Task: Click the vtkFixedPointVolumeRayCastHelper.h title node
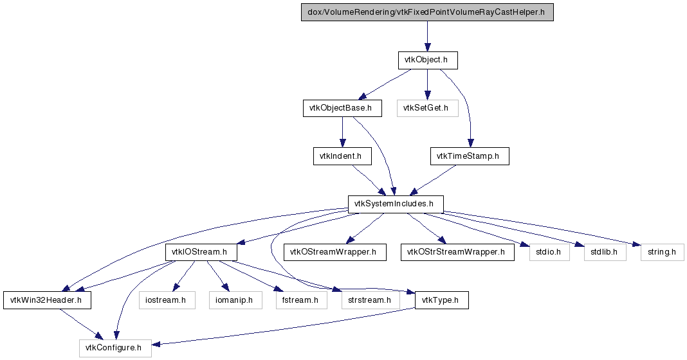(x=427, y=12)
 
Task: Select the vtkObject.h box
(x=428, y=60)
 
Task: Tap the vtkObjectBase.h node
(x=342, y=108)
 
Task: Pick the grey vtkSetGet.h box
(x=428, y=108)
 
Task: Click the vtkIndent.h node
(x=342, y=156)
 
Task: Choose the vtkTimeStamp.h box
(x=470, y=156)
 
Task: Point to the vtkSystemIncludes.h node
(x=396, y=204)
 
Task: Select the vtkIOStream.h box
(x=201, y=252)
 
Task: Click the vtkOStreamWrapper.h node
(x=334, y=252)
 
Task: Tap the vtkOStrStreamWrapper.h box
(x=457, y=252)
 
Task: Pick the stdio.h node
(x=549, y=252)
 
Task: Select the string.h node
(x=662, y=252)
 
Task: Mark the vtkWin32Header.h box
(x=48, y=300)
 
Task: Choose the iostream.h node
(x=167, y=300)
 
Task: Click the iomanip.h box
(x=235, y=300)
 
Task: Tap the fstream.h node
(x=302, y=300)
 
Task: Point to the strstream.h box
(x=371, y=300)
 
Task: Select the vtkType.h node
(x=442, y=300)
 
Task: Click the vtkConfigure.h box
(x=115, y=348)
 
